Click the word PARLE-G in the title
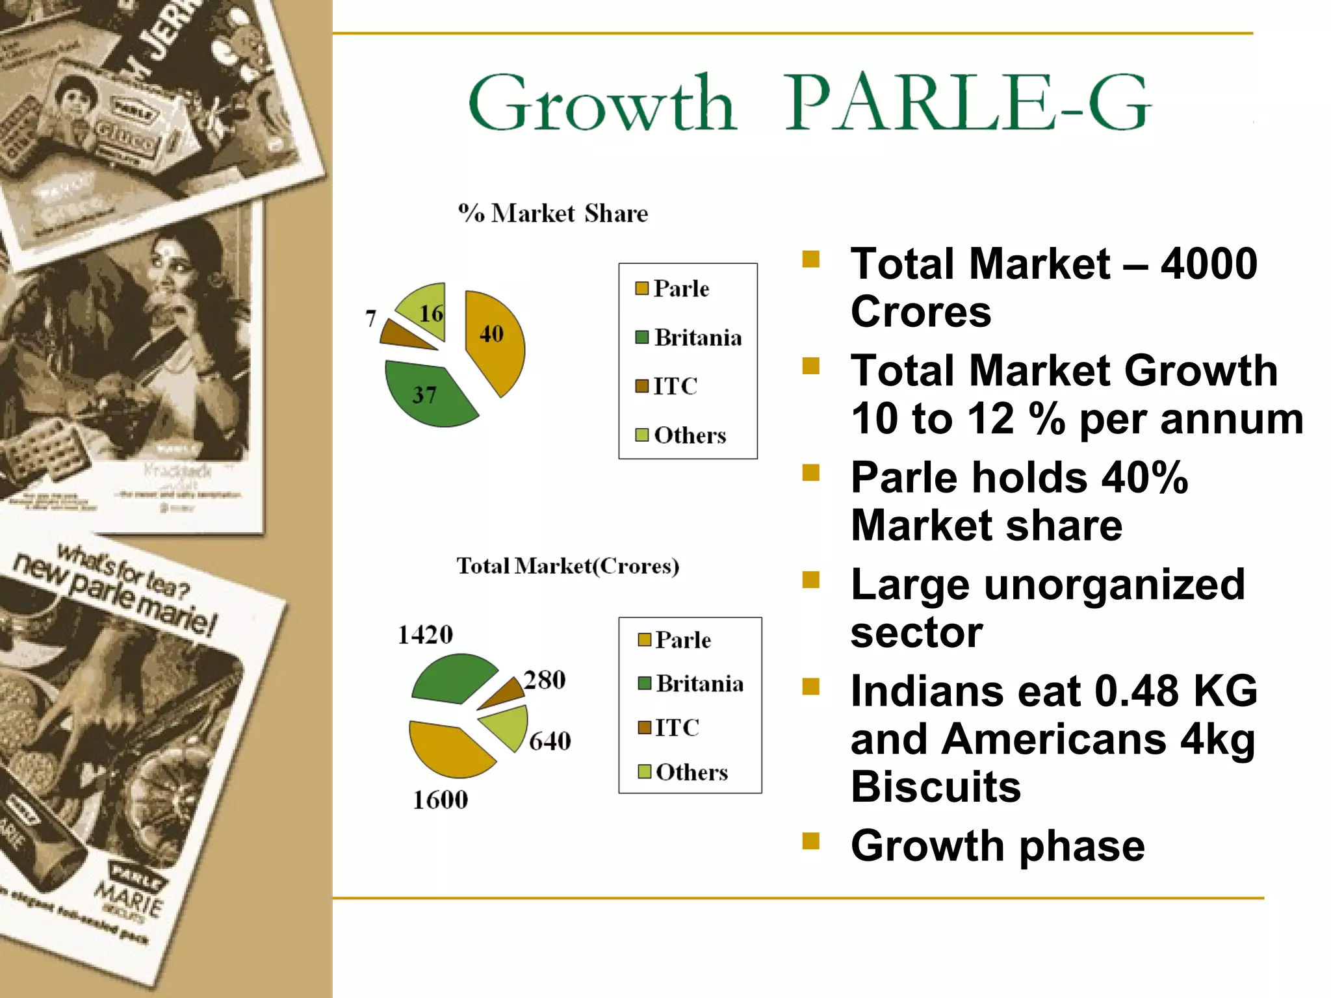968,103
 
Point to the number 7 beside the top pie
370,318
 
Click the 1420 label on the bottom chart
425,635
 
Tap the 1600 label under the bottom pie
440,800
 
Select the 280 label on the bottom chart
545,680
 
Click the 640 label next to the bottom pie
550,741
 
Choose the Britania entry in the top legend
697,338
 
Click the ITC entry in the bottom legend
676,728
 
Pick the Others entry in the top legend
689,435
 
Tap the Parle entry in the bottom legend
682,640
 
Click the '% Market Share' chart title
553,213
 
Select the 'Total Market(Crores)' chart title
567,566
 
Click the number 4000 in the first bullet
1209,264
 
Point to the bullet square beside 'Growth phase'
810,841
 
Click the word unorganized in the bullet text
1114,584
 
